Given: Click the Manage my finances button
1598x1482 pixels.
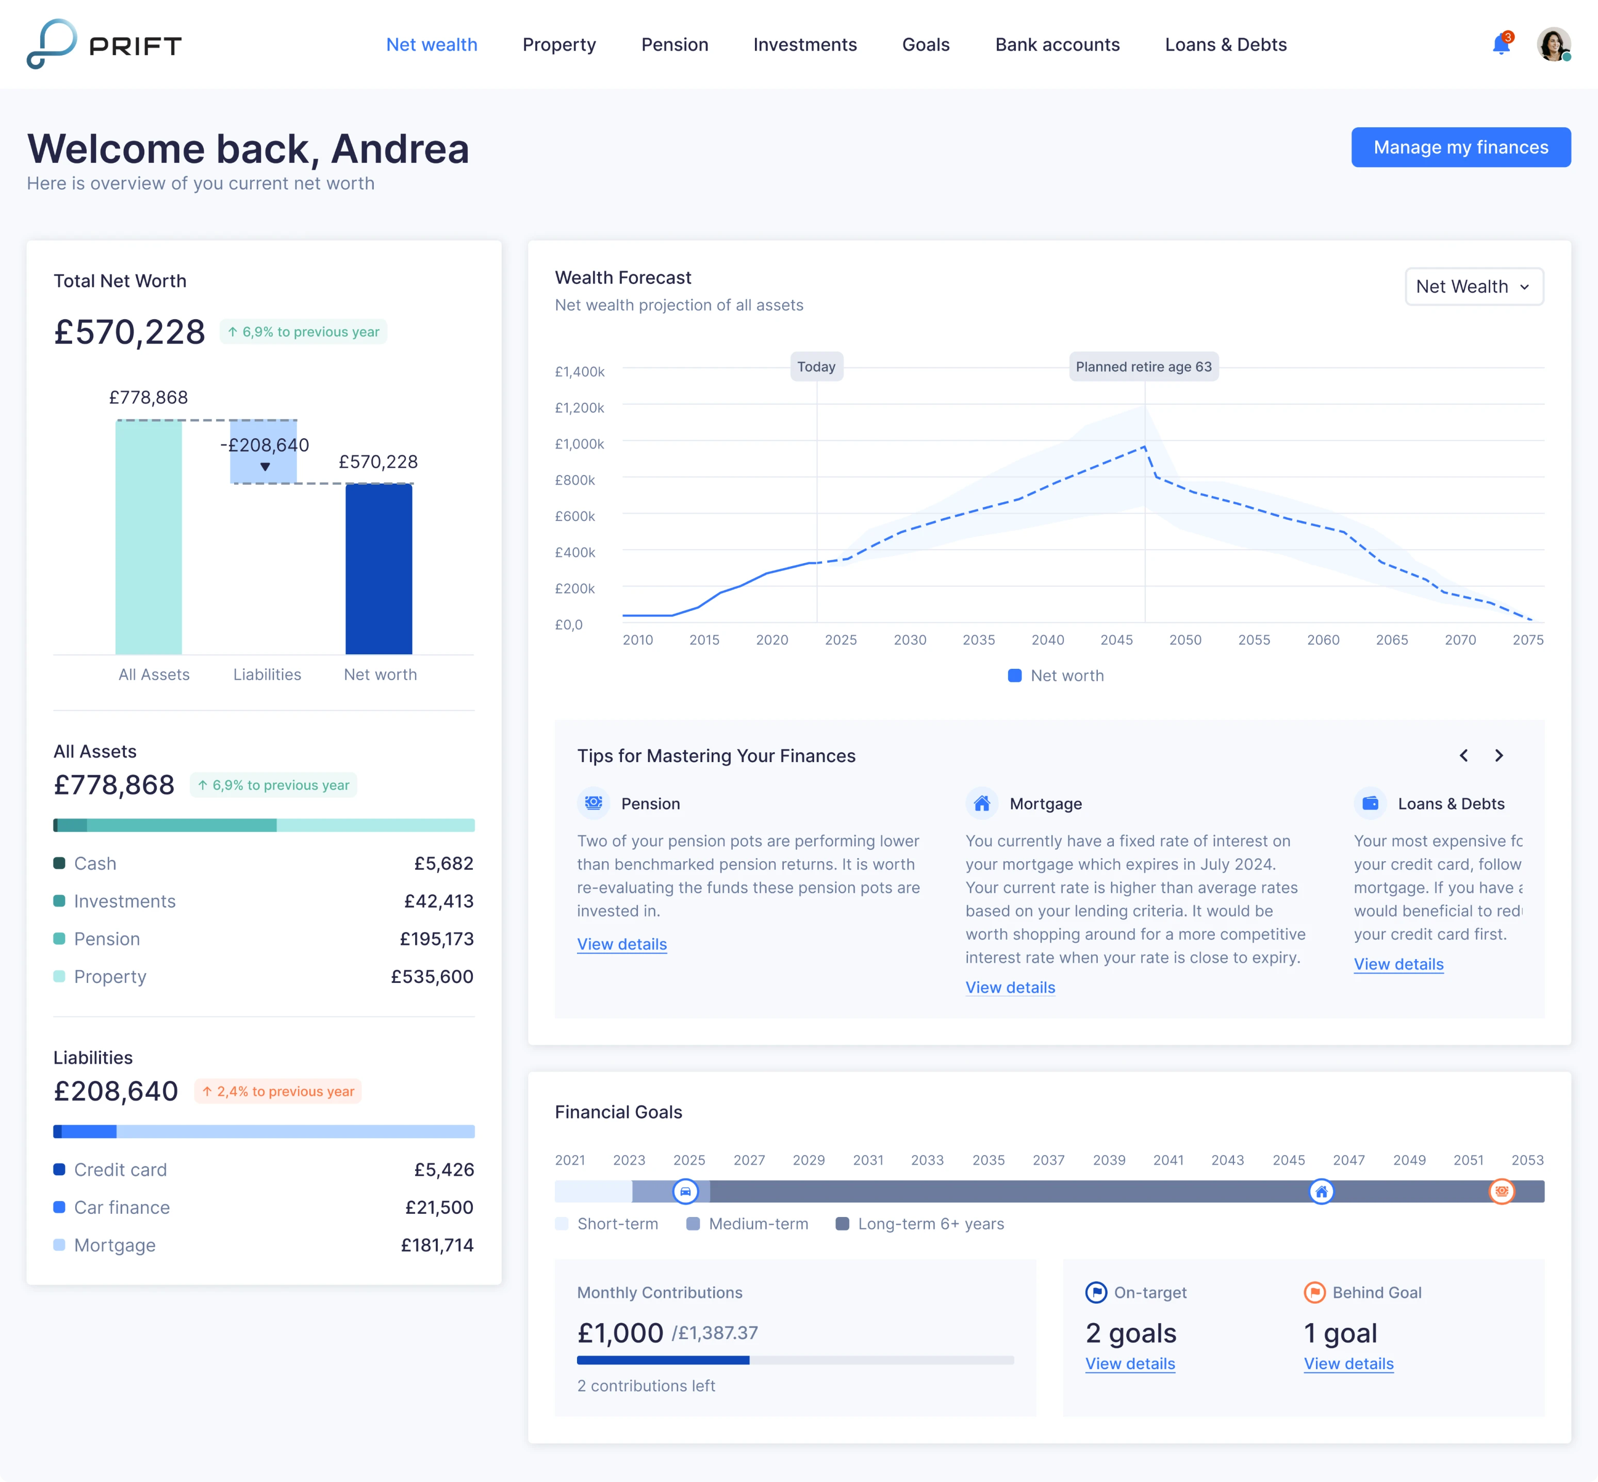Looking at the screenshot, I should (x=1460, y=147).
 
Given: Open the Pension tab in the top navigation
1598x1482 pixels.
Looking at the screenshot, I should (x=674, y=45).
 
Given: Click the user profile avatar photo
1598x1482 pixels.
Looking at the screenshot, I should (x=1552, y=44).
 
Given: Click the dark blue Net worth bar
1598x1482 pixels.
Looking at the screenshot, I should (x=378, y=569).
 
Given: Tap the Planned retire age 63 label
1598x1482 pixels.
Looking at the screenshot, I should (x=1143, y=367).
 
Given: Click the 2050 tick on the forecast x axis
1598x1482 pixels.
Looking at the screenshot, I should (x=1184, y=640).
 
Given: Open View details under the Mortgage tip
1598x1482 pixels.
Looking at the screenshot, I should (x=1010, y=987).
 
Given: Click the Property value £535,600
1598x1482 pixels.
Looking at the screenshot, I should (x=432, y=977).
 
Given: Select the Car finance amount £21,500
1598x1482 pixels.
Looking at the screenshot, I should (x=439, y=1208).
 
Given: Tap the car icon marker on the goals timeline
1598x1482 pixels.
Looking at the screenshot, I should (x=685, y=1192).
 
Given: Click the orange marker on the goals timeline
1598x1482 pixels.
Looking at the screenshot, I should (x=1501, y=1192).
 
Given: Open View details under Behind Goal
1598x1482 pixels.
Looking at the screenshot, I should (x=1348, y=1364).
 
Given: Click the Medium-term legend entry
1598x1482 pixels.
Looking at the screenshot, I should (x=747, y=1224).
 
